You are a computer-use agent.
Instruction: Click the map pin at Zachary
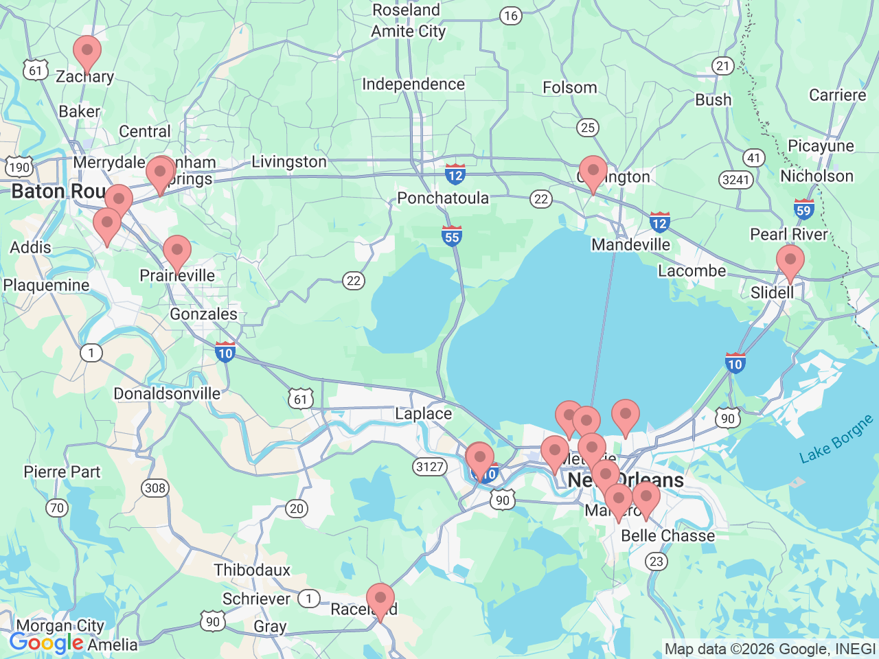(x=87, y=51)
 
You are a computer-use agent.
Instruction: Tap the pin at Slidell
(x=790, y=262)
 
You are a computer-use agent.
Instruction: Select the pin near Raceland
(x=380, y=599)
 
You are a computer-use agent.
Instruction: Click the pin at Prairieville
(x=177, y=251)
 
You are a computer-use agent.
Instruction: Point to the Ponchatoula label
(x=443, y=198)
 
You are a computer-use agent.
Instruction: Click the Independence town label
(x=413, y=84)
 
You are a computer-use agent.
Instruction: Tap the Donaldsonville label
(x=167, y=393)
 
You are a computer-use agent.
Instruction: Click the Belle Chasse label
(x=667, y=535)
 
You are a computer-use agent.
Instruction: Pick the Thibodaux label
(x=252, y=570)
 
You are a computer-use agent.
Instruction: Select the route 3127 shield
(x=430, y=467)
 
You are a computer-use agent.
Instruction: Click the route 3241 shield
(x=736, y=180)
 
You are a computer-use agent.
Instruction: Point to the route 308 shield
(x=155, y=488)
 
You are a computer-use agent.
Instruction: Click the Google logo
(x=46, y=643)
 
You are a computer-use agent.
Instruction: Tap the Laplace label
(x=423, y=413)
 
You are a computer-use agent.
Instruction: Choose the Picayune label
(x=821, y=146)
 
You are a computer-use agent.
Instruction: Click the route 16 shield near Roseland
(x=510, y=16)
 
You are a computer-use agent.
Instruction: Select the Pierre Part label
(x=62, y=472)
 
